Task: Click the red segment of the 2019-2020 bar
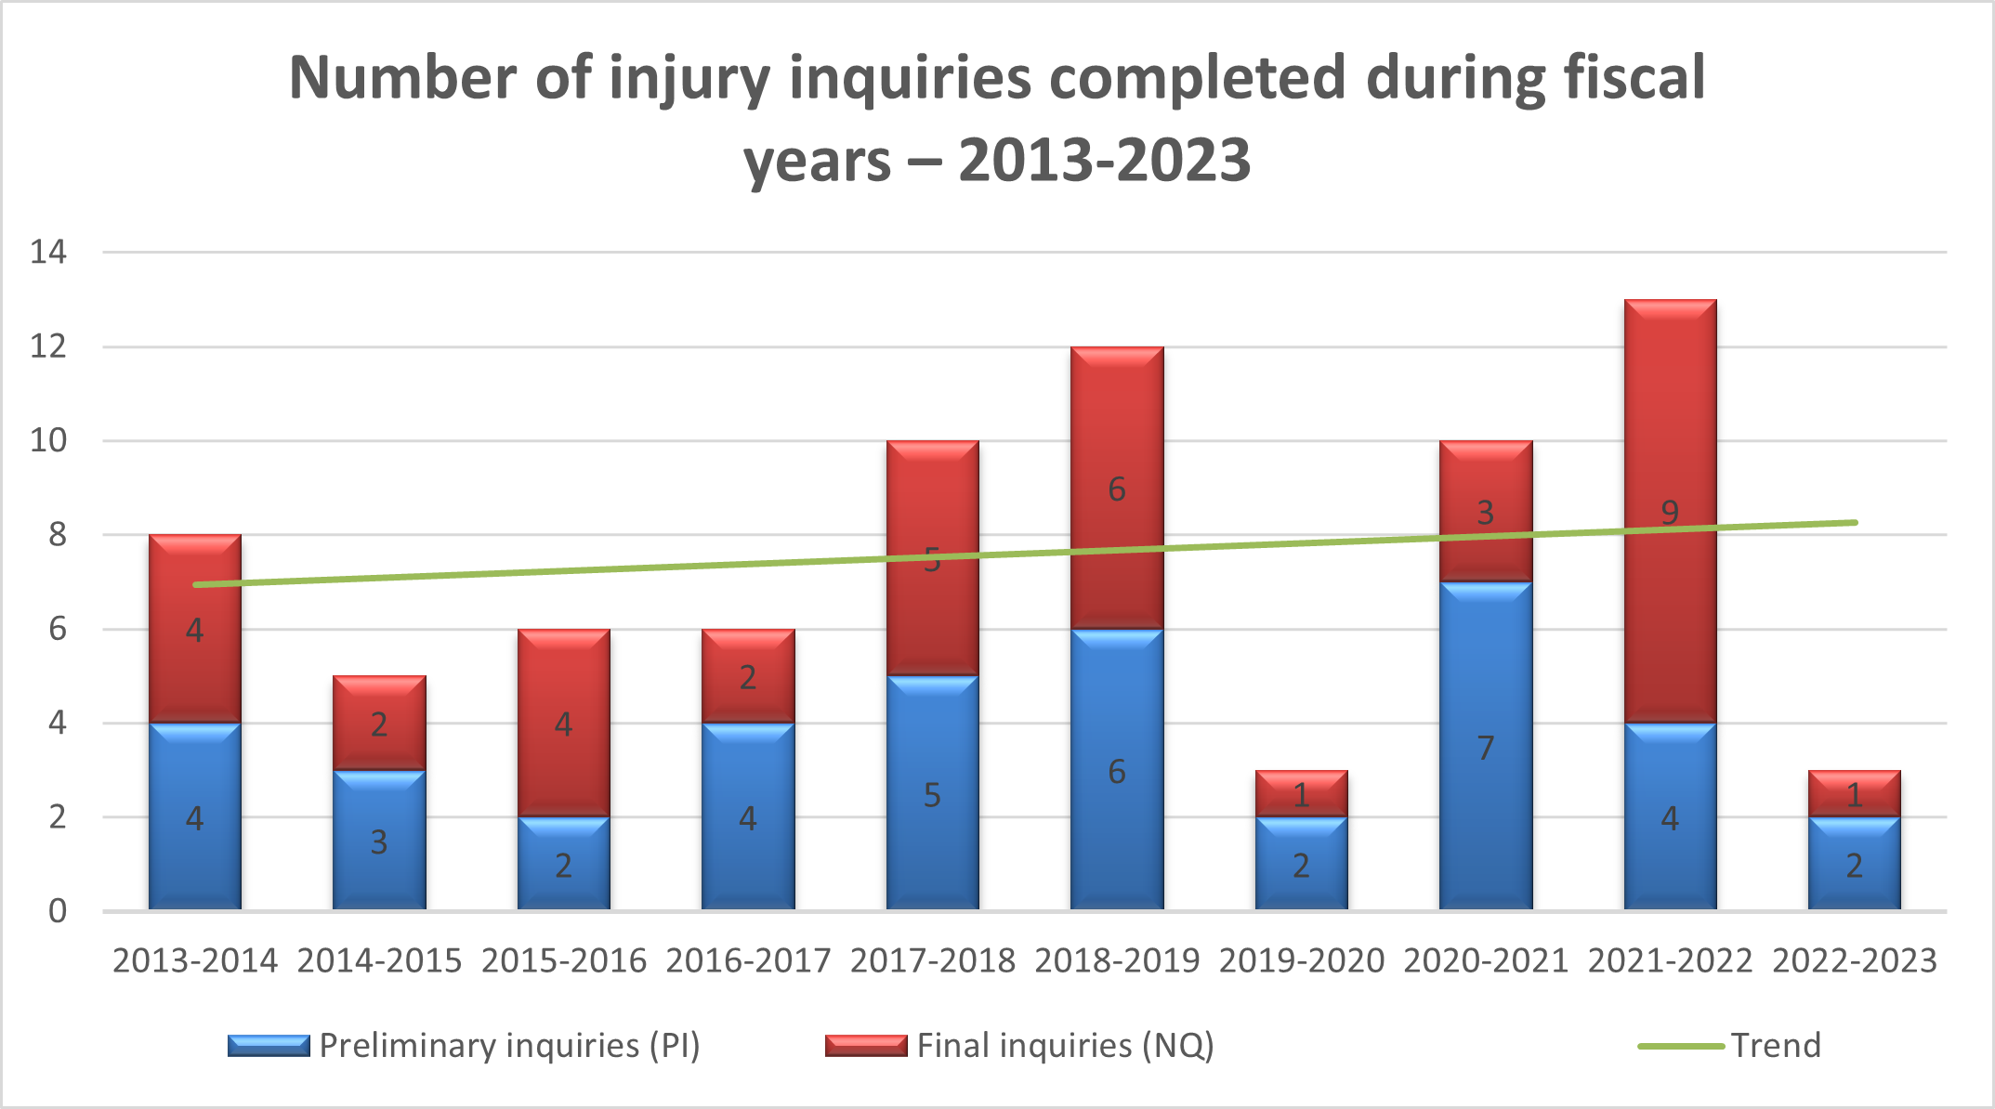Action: point(1301,794)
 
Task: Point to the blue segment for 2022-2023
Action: point(1854,864)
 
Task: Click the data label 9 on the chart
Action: point(1670,513)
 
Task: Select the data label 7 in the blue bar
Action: point(1485,748)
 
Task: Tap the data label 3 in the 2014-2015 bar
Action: point(379,842)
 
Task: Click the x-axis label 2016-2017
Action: point(748,960)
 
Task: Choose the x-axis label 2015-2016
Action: point(564,960)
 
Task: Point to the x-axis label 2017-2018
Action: point(933,960)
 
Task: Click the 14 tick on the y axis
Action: point(48,252)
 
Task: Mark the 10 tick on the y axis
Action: point(48,440)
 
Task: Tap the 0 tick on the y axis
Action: point(58,911)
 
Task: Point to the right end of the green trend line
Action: point(1855,523)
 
